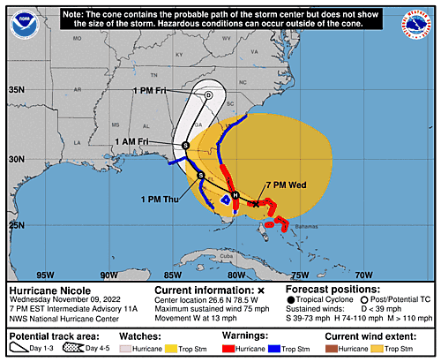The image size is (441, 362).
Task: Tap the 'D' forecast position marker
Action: [x=208, y=95]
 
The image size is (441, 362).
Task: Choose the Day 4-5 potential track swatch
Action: [x=75, y=349]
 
